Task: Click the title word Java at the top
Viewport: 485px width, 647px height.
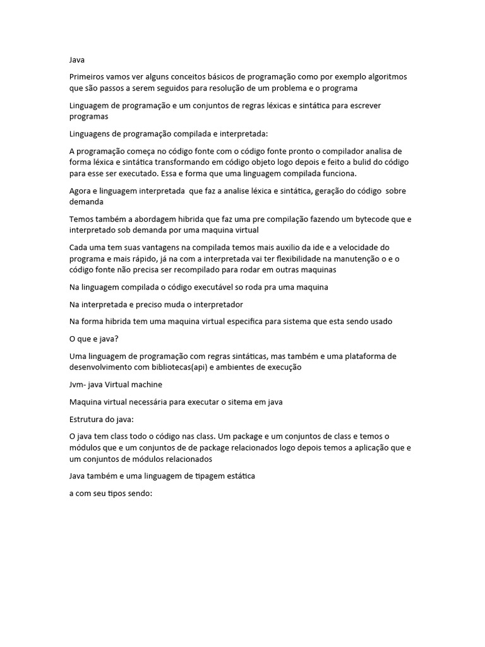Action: click(x=76, y=60)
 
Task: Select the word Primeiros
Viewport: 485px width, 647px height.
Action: click(x=88, y=77)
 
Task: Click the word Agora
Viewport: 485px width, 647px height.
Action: click(x=81, y=191)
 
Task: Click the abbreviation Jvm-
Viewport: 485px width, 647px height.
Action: click(x=78, y=384)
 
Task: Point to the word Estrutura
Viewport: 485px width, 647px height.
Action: click(x=87, y=419)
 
